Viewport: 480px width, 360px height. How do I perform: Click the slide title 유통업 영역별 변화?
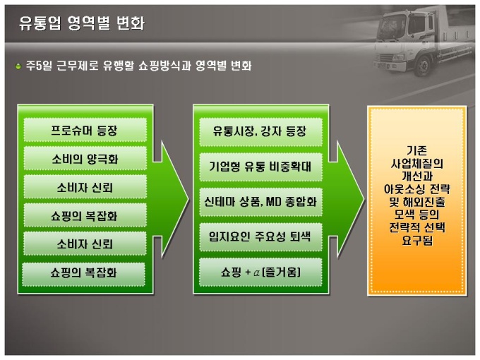coord(82,23)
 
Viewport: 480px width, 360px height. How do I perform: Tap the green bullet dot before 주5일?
coord(18,66)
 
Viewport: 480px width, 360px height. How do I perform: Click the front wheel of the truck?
coord(424,66)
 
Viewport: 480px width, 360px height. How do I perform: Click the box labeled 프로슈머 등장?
coord(85,131)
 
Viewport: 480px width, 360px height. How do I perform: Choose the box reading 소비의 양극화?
coord(85,159)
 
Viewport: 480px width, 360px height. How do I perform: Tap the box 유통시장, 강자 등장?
coord(260,132)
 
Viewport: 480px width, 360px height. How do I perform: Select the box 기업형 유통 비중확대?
coord(260,167)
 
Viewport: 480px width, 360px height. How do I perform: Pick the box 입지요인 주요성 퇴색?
coord(260,237)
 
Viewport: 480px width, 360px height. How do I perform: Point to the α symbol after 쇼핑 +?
coord(256,272)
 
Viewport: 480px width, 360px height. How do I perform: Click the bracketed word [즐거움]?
coord(282,272)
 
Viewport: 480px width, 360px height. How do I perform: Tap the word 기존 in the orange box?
coord(416,150)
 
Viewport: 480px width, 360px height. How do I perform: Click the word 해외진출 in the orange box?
coord(424,202)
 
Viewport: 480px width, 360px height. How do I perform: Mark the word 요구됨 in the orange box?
coord(417,241)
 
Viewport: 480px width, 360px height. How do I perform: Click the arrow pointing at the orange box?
coord(346,200)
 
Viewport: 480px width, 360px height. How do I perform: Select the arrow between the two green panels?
coord(171,200)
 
